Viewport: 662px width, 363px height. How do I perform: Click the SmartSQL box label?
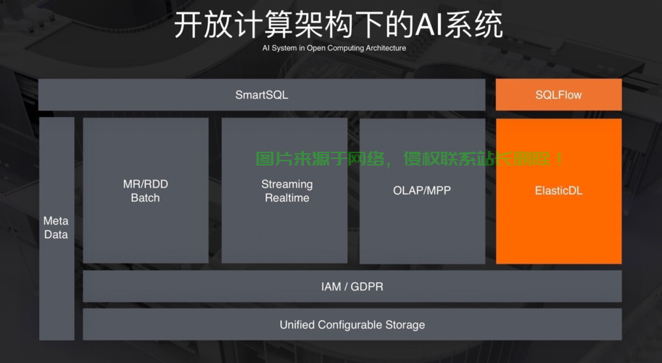point(262,95)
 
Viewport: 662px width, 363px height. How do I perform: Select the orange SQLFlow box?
point(558,94)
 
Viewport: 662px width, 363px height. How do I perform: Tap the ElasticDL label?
point(558,191)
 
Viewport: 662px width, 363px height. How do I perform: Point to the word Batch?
point(145,197)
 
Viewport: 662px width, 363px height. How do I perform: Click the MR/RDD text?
point(145,184)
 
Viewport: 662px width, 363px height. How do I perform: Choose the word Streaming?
point(287,184)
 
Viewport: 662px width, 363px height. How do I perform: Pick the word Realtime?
point(287,197)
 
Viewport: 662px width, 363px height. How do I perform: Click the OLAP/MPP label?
point(422,191)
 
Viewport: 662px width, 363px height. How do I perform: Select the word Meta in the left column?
point(56,221)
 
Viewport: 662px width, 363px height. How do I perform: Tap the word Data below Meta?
point(56,234)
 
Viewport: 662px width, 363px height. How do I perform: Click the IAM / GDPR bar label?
point(352,287)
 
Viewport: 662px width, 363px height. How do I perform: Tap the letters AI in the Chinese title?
point(429,25)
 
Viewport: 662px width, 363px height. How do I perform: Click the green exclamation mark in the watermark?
point(560,159)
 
